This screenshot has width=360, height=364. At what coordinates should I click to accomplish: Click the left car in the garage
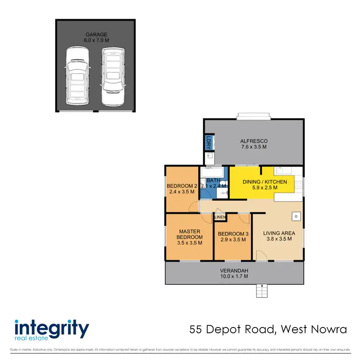point(76,75)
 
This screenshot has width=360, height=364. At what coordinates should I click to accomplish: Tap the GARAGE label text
point(96,35)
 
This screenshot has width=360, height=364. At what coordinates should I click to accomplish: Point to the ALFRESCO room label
point(254,141)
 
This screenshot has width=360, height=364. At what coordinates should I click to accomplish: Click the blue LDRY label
point(208,142)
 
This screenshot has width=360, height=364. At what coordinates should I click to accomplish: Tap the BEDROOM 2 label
point(182,186)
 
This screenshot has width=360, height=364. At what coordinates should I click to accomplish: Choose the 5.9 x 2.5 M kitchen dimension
point(265,188)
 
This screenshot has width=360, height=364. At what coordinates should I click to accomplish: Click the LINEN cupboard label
point(220,218)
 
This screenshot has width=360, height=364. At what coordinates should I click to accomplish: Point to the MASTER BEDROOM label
point(189,234)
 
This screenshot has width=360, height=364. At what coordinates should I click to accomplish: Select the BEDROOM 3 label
point(233,234)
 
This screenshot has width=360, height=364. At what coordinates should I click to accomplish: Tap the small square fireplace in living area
point(296,217)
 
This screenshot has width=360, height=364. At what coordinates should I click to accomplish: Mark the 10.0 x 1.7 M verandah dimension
point(234,276)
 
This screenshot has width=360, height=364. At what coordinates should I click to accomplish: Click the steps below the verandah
point(262,291)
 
